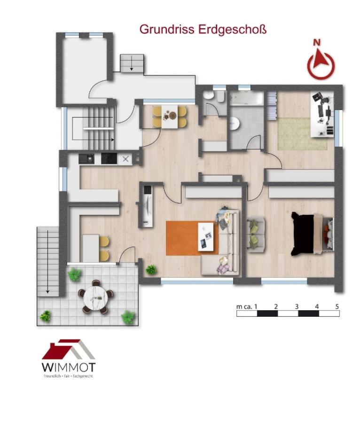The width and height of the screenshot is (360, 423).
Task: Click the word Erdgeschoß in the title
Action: pyautogui.click(x=233, y=30)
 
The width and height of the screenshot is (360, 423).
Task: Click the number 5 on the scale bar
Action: pyautogui.click(x=337, y=306)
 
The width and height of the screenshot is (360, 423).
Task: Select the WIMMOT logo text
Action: pyautogui.click(x=69, y=367)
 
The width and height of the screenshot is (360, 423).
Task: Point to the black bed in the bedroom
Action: pyautogui.click(x=304, y=234)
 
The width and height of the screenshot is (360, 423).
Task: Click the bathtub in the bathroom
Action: pyautogui.click(x=247, y=99)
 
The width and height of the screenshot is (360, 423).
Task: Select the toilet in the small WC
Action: pyautogui.click(x=209, y=96)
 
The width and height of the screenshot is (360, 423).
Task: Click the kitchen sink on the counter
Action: pyautogui.click(x=86, y=159)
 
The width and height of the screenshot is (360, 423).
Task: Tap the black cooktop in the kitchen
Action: pyautogui.click(x=109, y=159)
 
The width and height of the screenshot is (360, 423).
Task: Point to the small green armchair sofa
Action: pyautogui.click(x=256, y=235)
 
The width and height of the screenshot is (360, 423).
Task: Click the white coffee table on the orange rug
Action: pyautogui.click(x=206, y=237)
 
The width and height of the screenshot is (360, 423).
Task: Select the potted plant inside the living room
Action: pyautogui.click(x=151, y=270)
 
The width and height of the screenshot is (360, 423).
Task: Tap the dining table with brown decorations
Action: pyautogui.click(x=170, y=117)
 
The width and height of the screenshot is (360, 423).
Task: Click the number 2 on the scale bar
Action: pyautogui.click(x=276, y=306)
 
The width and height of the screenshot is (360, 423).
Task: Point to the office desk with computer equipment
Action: pyautogui.click(x=322, y=114)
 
